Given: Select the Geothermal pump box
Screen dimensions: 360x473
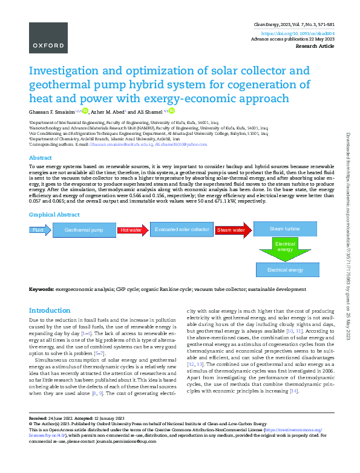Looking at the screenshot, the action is [84, 230].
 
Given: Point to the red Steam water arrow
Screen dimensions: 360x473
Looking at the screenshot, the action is [231, 230].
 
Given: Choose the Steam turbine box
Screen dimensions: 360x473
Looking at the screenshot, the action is [284, 229].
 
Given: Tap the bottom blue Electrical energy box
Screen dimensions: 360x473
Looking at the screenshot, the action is [285, 270].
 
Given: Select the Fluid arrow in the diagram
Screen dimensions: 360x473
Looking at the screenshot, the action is [39, 230].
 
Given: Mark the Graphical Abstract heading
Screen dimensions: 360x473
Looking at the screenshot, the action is [54, 215].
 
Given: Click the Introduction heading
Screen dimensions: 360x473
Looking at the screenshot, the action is [50, 310].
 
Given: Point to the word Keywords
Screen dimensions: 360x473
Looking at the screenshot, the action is [41, 290].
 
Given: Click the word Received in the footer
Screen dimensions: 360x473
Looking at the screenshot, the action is [39, 419].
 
